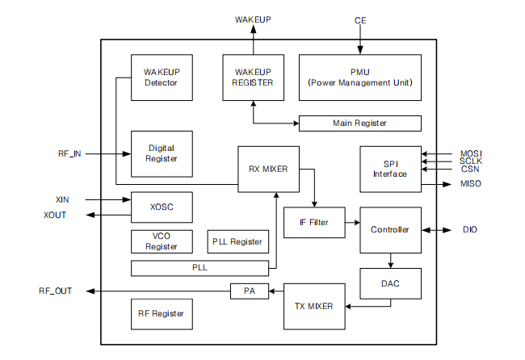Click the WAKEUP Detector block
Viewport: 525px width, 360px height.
pos(162,77)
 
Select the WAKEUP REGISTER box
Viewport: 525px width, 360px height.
pos(253,77)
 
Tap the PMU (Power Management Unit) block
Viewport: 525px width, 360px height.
pos(359,77)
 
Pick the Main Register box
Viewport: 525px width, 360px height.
pos(359,123)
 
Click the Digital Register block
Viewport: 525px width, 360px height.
pos(162,153)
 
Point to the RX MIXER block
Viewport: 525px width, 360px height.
pos(268,170)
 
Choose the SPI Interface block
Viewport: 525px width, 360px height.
pos(390,169)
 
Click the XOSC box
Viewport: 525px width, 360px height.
pos(162,207)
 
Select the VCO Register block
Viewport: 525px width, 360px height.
pos(162,241)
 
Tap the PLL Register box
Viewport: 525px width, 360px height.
pos(237,241)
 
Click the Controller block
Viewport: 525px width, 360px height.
pos(390,230)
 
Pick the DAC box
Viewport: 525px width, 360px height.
pos(390,284)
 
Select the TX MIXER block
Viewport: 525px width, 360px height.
pos(314,307)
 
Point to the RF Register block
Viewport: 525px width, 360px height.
pos(162,314)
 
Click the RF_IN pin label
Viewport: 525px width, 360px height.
pos(69,153)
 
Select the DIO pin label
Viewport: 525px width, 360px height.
pos(469,230)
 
